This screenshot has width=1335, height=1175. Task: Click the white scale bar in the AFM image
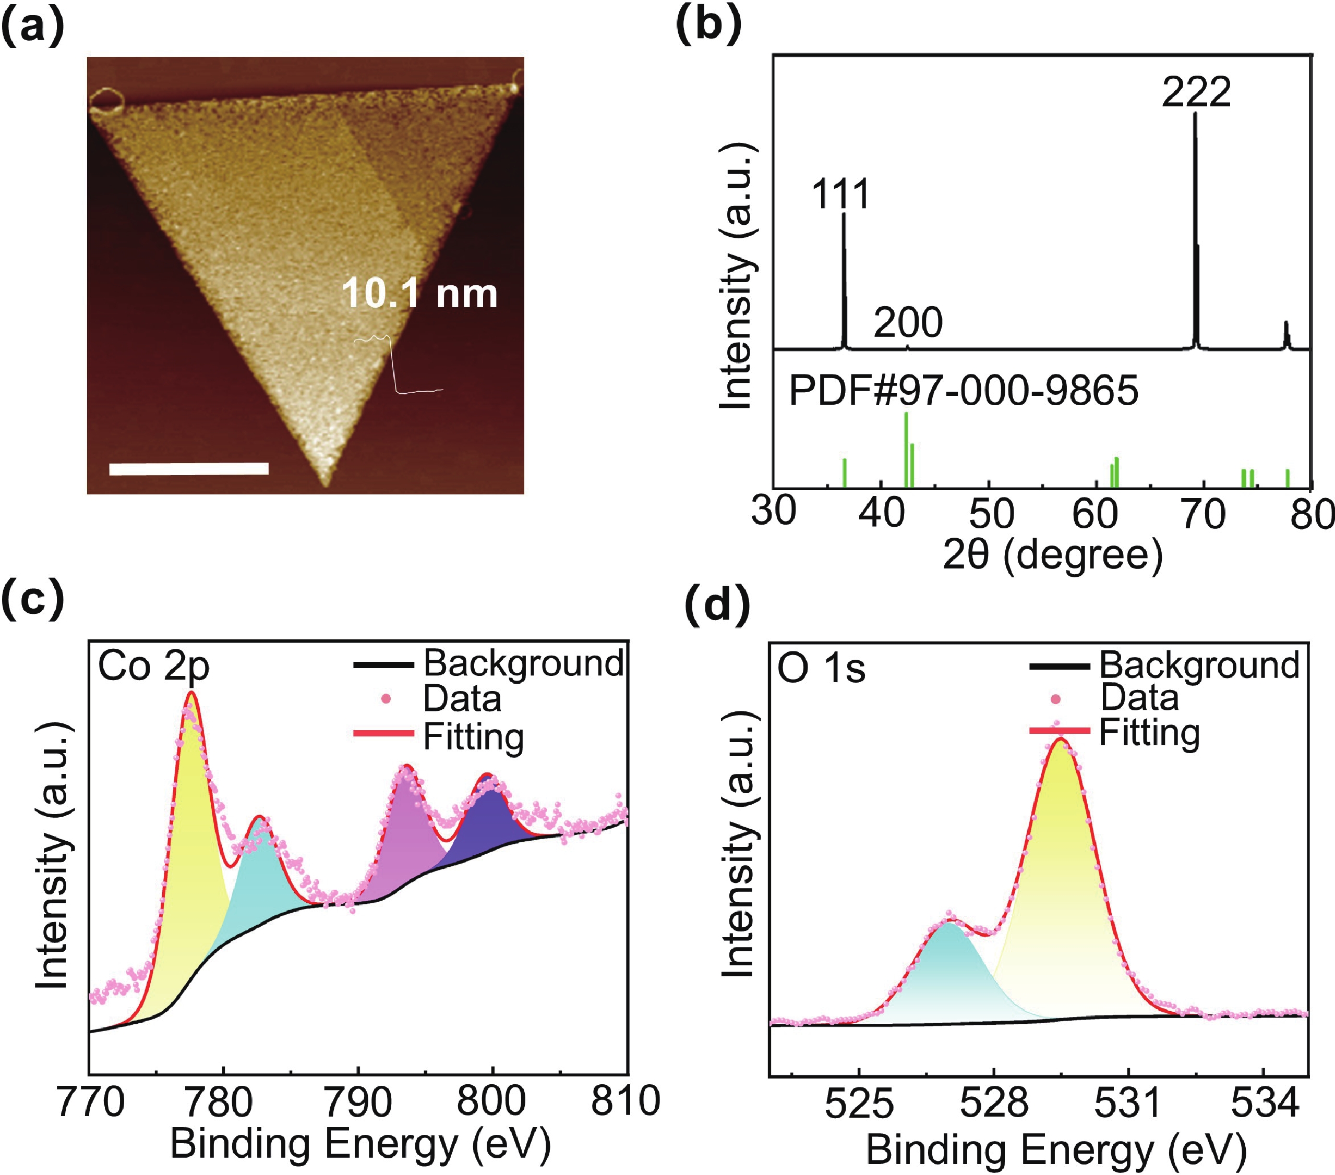[189, 468]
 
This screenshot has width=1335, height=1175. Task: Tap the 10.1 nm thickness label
[419, 293]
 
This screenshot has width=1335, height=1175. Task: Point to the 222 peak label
[1196, 92]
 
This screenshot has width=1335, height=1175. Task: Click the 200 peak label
[908, 322]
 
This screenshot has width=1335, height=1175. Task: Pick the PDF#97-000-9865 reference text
[964, 390]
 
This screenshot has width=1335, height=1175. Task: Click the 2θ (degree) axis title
[1052, 555]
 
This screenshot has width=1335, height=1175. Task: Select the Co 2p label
[153, 667]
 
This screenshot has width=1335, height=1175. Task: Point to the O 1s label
[821, 669]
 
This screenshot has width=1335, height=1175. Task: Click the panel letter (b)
[708, 26]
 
